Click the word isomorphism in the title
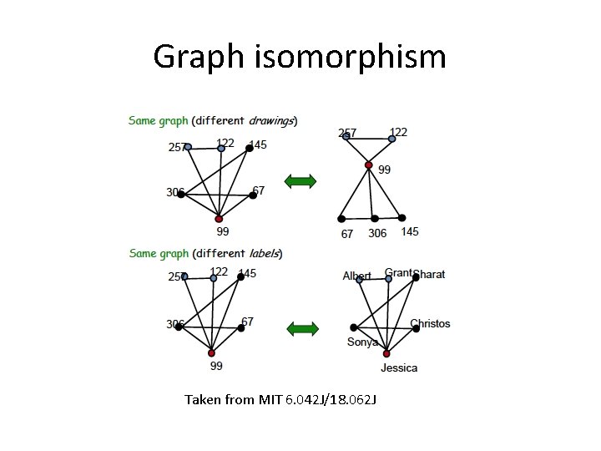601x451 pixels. [x=346, y=58]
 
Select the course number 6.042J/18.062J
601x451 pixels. [x=332, y=400]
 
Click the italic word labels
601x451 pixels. [x=263, y=253]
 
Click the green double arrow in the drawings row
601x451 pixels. [x=300, y=181]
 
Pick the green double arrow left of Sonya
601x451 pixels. [x=302, y=328]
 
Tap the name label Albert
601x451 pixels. [x=356, y=276]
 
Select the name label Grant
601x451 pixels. [x=398, y=272]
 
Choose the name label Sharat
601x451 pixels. [x=429, y=274]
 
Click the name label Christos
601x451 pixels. [x=430, y=323]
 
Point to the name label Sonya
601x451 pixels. [x=362, y=342]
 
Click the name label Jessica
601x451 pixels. [x=399, y=367]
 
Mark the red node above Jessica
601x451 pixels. [x=386, y=353]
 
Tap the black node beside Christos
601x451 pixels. [x=417, y=328]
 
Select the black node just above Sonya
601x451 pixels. [x=354, y=327]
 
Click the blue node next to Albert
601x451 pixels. [x=360, y=280]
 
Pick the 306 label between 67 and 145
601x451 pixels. [x=377, y=233]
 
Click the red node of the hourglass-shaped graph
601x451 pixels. [x=369, y=165]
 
